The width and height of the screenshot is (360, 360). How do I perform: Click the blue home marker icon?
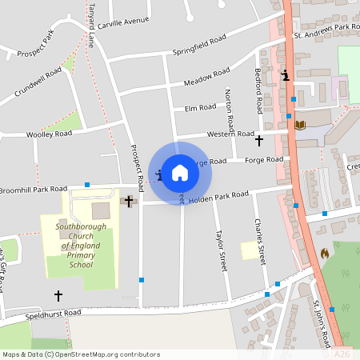(x=180, y=172)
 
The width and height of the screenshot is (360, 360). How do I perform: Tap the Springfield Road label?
(x=199, y=45)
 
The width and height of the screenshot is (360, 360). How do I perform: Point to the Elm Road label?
(x=200, y=107)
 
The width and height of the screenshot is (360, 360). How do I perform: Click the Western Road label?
(x=230, y=134)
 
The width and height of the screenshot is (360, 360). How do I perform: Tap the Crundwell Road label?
(x=38, y=83)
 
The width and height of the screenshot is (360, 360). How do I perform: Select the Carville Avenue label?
(x=124, y=18)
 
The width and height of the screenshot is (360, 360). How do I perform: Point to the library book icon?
(x=300, y=125)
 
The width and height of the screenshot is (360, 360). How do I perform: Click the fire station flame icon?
(x=324, y=253)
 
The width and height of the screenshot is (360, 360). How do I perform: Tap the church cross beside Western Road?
(x=258, y=141)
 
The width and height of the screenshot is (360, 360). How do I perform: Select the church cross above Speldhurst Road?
(x=58, y=295)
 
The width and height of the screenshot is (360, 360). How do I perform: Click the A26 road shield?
(x=342, y=354)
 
